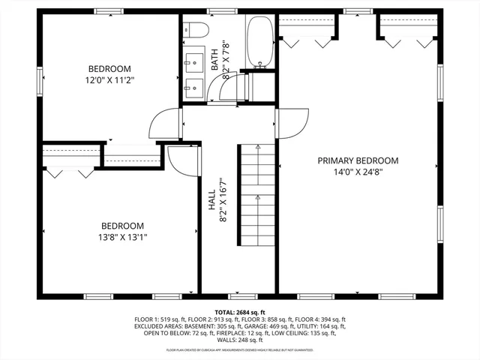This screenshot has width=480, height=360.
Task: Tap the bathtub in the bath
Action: point(260,42)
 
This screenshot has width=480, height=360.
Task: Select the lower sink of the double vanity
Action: point(195,85)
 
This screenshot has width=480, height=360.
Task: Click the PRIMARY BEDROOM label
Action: point(358,160)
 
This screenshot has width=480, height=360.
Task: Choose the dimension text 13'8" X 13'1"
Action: point(123,238)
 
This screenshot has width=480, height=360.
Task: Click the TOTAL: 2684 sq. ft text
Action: point(239,312)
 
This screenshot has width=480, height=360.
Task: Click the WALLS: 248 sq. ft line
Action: point(240,340)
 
